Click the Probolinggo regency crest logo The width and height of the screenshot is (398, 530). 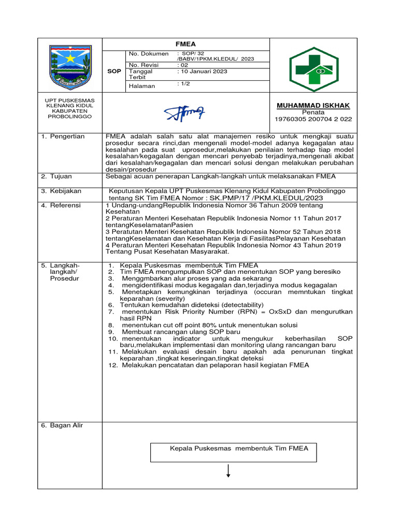pyautogui.click(x=70, y=66)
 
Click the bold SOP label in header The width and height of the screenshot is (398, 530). pyautogui.click(x=114, y=71)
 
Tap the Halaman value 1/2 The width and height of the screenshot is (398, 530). pyautogui.click(x=184, y=83)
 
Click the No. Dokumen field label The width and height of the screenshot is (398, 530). pyautogui.click(x=149, y=54)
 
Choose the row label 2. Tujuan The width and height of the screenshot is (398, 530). pyautogui.click(x=58, y=176)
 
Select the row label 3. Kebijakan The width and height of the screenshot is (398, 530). pyautogui.click(x=62, y=191)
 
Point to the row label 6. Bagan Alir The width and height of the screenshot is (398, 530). pyautogui.click(x=63, y=425)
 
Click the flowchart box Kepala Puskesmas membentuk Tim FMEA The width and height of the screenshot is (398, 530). pyautogui.click(x=239, y=449)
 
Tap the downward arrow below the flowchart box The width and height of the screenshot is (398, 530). pyautogui.click(x=228, y=472)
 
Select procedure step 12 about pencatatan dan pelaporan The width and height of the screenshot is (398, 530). pyautogui.click(x=215, y=365)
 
